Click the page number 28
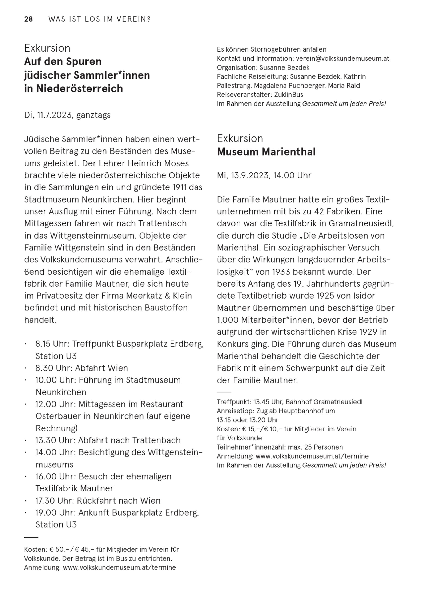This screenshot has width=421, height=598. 28,19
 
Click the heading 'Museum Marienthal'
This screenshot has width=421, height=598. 266,152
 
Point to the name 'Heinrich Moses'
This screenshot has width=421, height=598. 158,163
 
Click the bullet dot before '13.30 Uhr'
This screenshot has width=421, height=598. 25,440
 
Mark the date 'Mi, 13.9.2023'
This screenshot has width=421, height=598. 241,175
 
